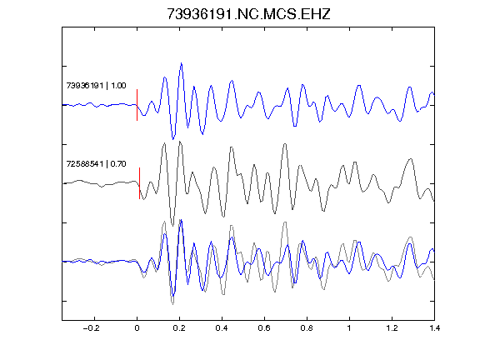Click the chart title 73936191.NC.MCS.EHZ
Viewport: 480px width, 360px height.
tap(248, 14)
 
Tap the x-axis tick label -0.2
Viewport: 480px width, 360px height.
tap(91, 328)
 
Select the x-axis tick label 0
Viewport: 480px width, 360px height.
tap(137, 328)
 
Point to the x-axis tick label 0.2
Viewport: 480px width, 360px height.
tap(179, 328)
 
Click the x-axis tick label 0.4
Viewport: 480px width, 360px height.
tap(222, 328)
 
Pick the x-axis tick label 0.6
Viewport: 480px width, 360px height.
tap(264, 328)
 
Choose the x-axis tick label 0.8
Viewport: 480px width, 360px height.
tap(307, 328)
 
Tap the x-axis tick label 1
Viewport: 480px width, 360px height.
tap(349, 328)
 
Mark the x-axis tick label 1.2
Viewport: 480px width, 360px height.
tap(392, 328)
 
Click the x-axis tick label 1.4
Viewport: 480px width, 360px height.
tap(434, 328)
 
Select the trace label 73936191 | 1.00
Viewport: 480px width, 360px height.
tap(96, 85)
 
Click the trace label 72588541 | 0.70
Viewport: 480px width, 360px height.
tap(96, 164)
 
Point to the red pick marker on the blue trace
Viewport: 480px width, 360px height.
tap(137, 105)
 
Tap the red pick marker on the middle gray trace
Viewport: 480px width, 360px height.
tap(140, 183)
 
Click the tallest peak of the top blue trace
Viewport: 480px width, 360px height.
tap(181, 63)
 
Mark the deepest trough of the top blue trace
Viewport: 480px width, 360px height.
tap(173, 138)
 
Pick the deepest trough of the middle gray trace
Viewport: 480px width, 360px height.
tap(172, 226)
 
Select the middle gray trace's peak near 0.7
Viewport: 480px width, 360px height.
tap(285, 144)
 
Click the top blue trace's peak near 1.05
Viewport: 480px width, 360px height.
tap(359, 86)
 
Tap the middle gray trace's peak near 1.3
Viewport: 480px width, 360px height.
tap(411, 159)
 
